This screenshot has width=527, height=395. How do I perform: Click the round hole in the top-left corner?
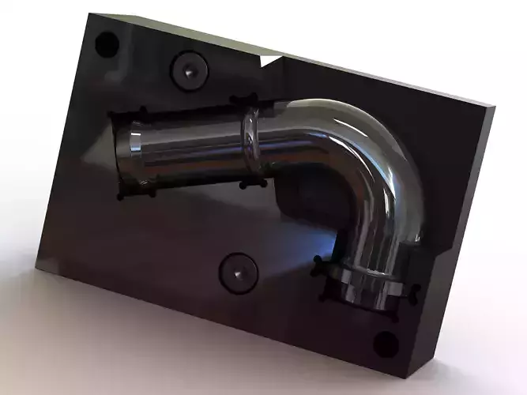(105, 43)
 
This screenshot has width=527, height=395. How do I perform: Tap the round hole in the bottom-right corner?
(385, 344)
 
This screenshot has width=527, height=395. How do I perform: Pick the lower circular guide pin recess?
(237, 273)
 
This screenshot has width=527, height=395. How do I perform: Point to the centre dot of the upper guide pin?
(191, 70)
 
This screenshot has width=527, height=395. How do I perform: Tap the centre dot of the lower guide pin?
(237, 273)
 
